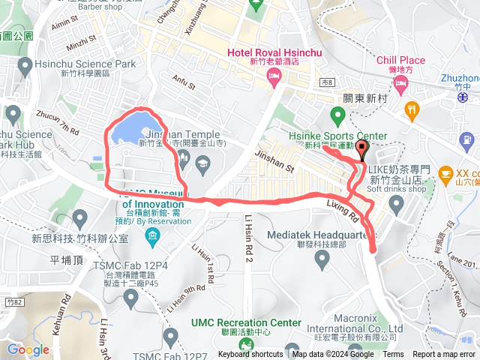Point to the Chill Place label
[401, 60]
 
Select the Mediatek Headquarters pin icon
[322, 259]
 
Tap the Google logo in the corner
[28, 349]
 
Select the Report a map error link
[444, 355]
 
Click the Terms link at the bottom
[393, 355]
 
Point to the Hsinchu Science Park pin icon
[27, 64]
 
